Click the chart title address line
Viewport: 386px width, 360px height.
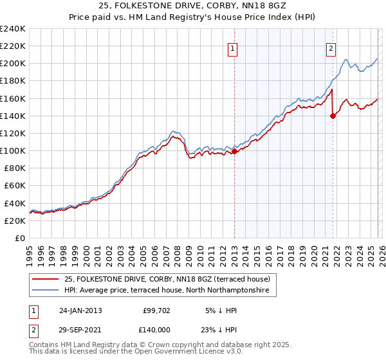pyautogui.click(x=192, y=6)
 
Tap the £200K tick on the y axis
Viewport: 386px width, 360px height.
pyautogui.click(x=13, y=64)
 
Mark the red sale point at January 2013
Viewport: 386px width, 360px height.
pyautogui.click(x=234, y=151)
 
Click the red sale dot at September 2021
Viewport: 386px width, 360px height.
pyautogui.click(x=333, y=116)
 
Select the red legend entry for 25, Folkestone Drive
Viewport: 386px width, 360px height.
pyautogui.click(x=170, y=279)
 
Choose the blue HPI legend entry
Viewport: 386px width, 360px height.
pyautogui.click(x=170, y=291)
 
